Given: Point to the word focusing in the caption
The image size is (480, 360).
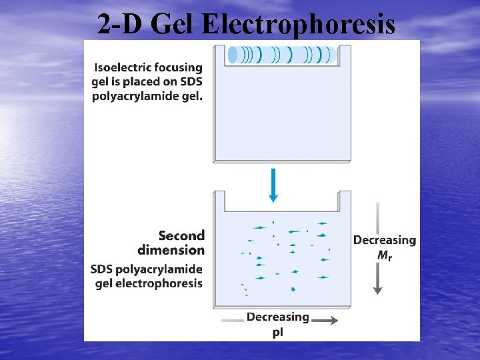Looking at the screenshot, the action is coord(178,67).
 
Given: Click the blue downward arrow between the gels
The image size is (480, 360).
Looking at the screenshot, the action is coord(273,184).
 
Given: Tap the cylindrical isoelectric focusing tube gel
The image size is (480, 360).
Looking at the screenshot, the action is coord(281,55).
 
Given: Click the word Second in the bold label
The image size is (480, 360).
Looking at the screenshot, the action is coord(181,235).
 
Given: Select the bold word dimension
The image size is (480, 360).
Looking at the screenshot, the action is coord(171,250).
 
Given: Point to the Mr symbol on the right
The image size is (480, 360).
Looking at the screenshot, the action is coord(384,254).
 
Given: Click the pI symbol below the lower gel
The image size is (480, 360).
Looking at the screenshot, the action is coord(277,331).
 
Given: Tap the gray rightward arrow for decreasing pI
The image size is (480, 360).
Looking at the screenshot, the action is coord(325,321).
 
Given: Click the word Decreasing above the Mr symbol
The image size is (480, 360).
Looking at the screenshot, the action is coord(384,240).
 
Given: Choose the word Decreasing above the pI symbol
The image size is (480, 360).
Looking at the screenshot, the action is coord(277,317).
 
